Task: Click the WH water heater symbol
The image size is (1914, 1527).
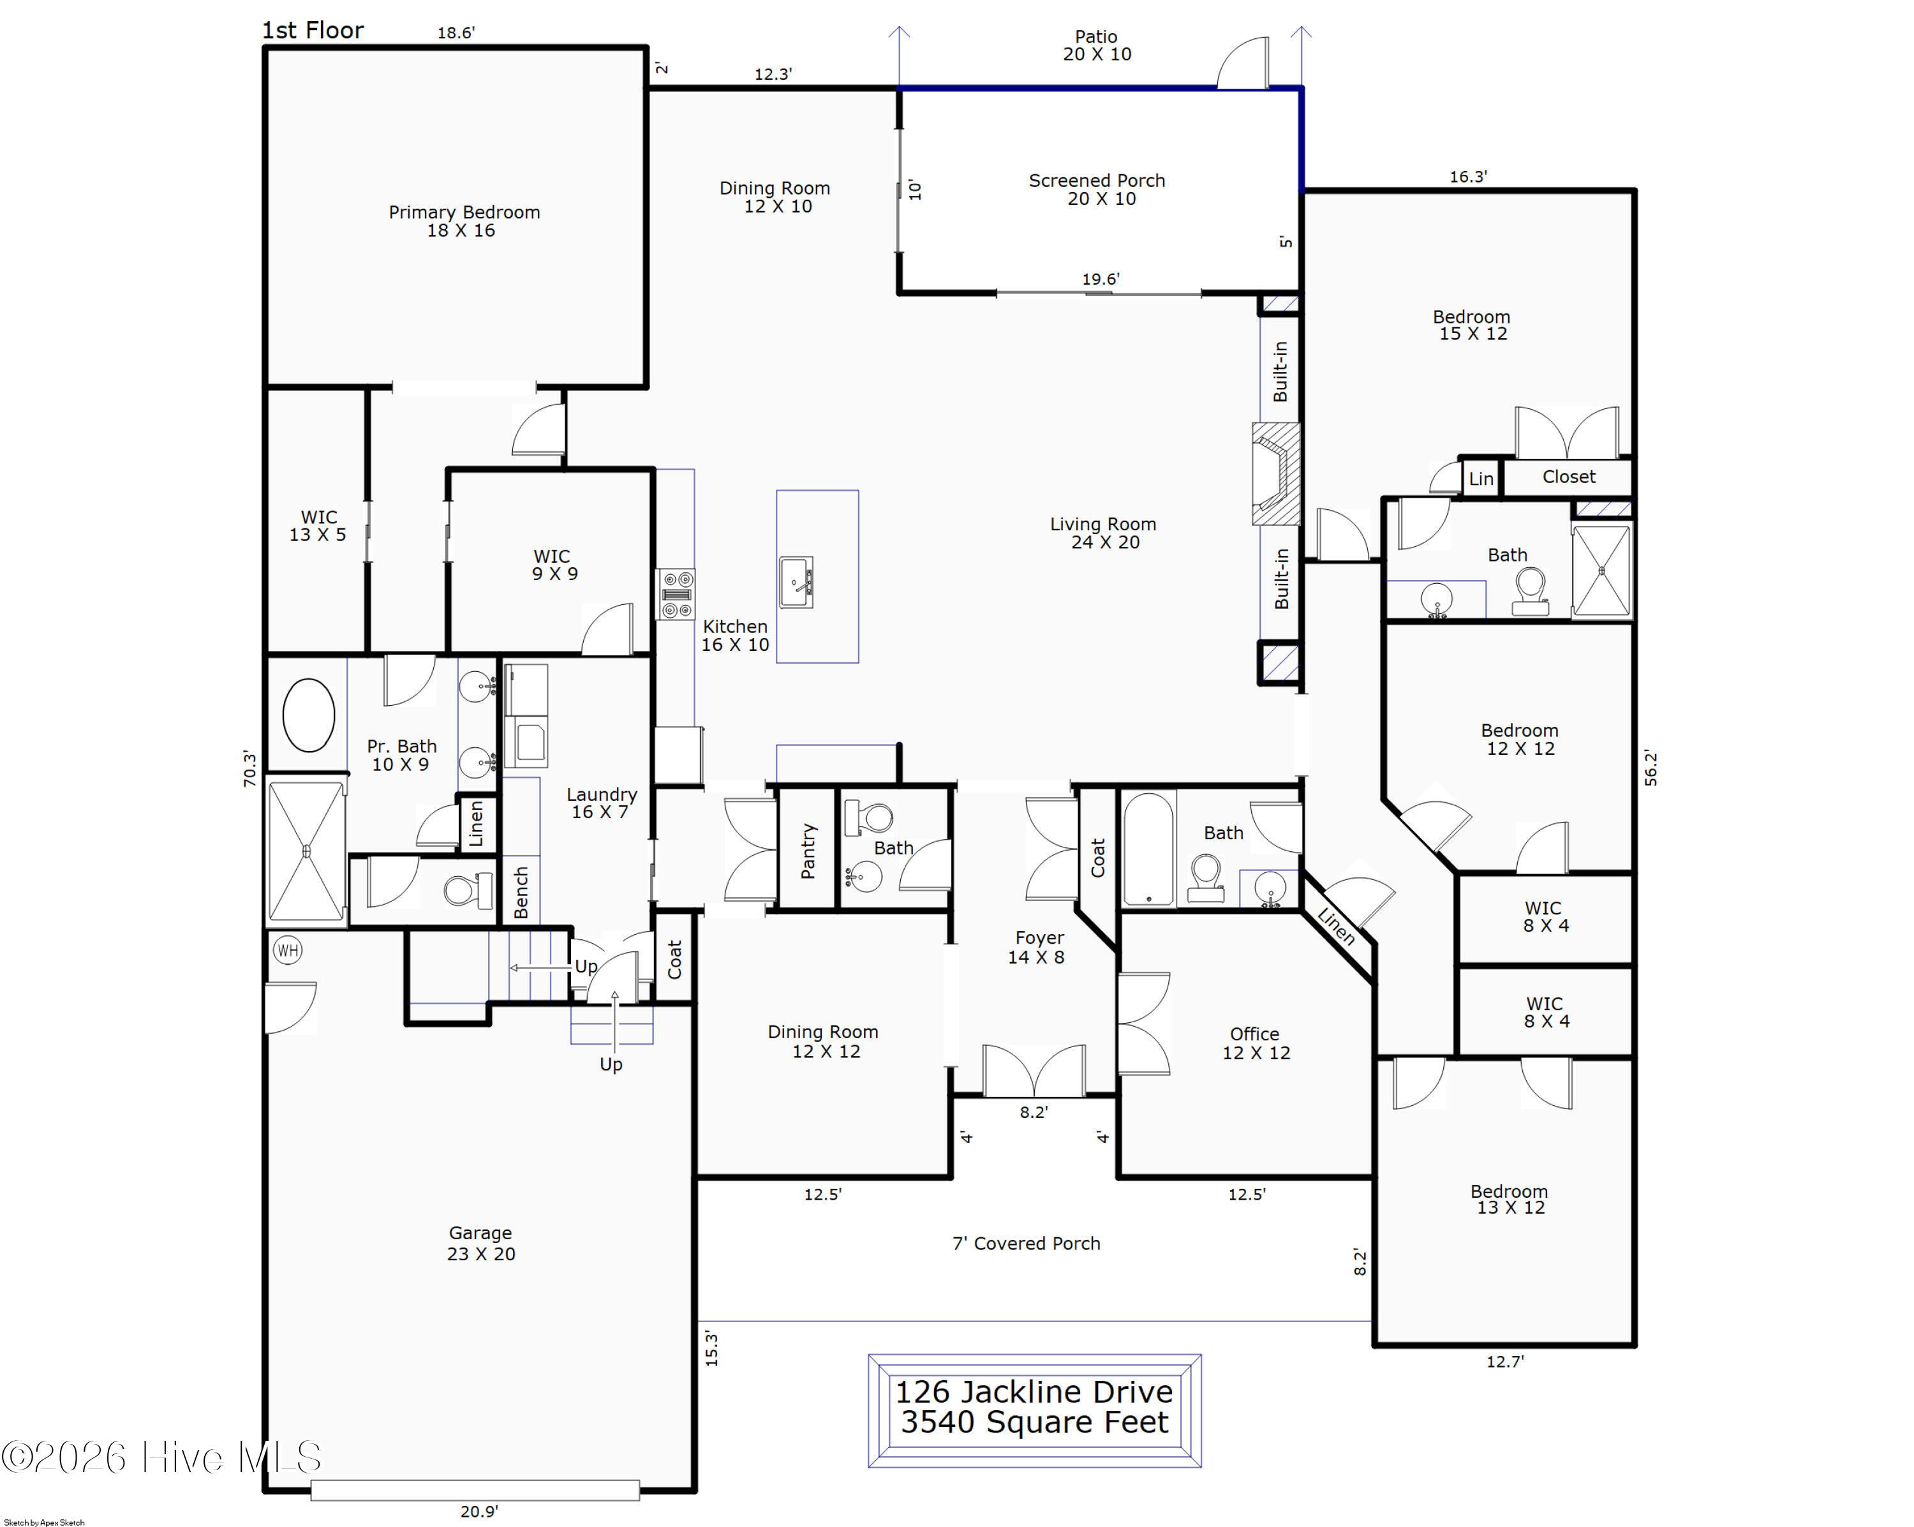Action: pos(288,951)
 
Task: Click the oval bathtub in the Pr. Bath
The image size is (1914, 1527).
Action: pos(308,715)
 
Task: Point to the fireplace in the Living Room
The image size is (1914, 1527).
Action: pos(1276,473)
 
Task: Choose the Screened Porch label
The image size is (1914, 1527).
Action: pos(1097,189)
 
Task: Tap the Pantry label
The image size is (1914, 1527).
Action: pos(808,851)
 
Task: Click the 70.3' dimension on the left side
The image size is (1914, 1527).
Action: pos(249,769)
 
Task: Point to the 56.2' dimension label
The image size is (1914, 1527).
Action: pos(1651,768)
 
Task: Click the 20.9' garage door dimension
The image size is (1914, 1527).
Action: pos(479,1511)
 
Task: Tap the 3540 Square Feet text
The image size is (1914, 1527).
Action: pos(1034,1422)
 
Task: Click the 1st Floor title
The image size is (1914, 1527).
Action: pos(313,30)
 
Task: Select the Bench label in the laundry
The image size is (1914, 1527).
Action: pos(521,892)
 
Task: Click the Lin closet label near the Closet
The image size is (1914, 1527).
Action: pos(1481,479)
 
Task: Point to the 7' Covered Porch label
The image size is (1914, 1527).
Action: pos(1027,1243)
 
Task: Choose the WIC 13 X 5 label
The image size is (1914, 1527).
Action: pos(318,526)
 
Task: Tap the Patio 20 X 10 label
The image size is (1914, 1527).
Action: pos(1097,45)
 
